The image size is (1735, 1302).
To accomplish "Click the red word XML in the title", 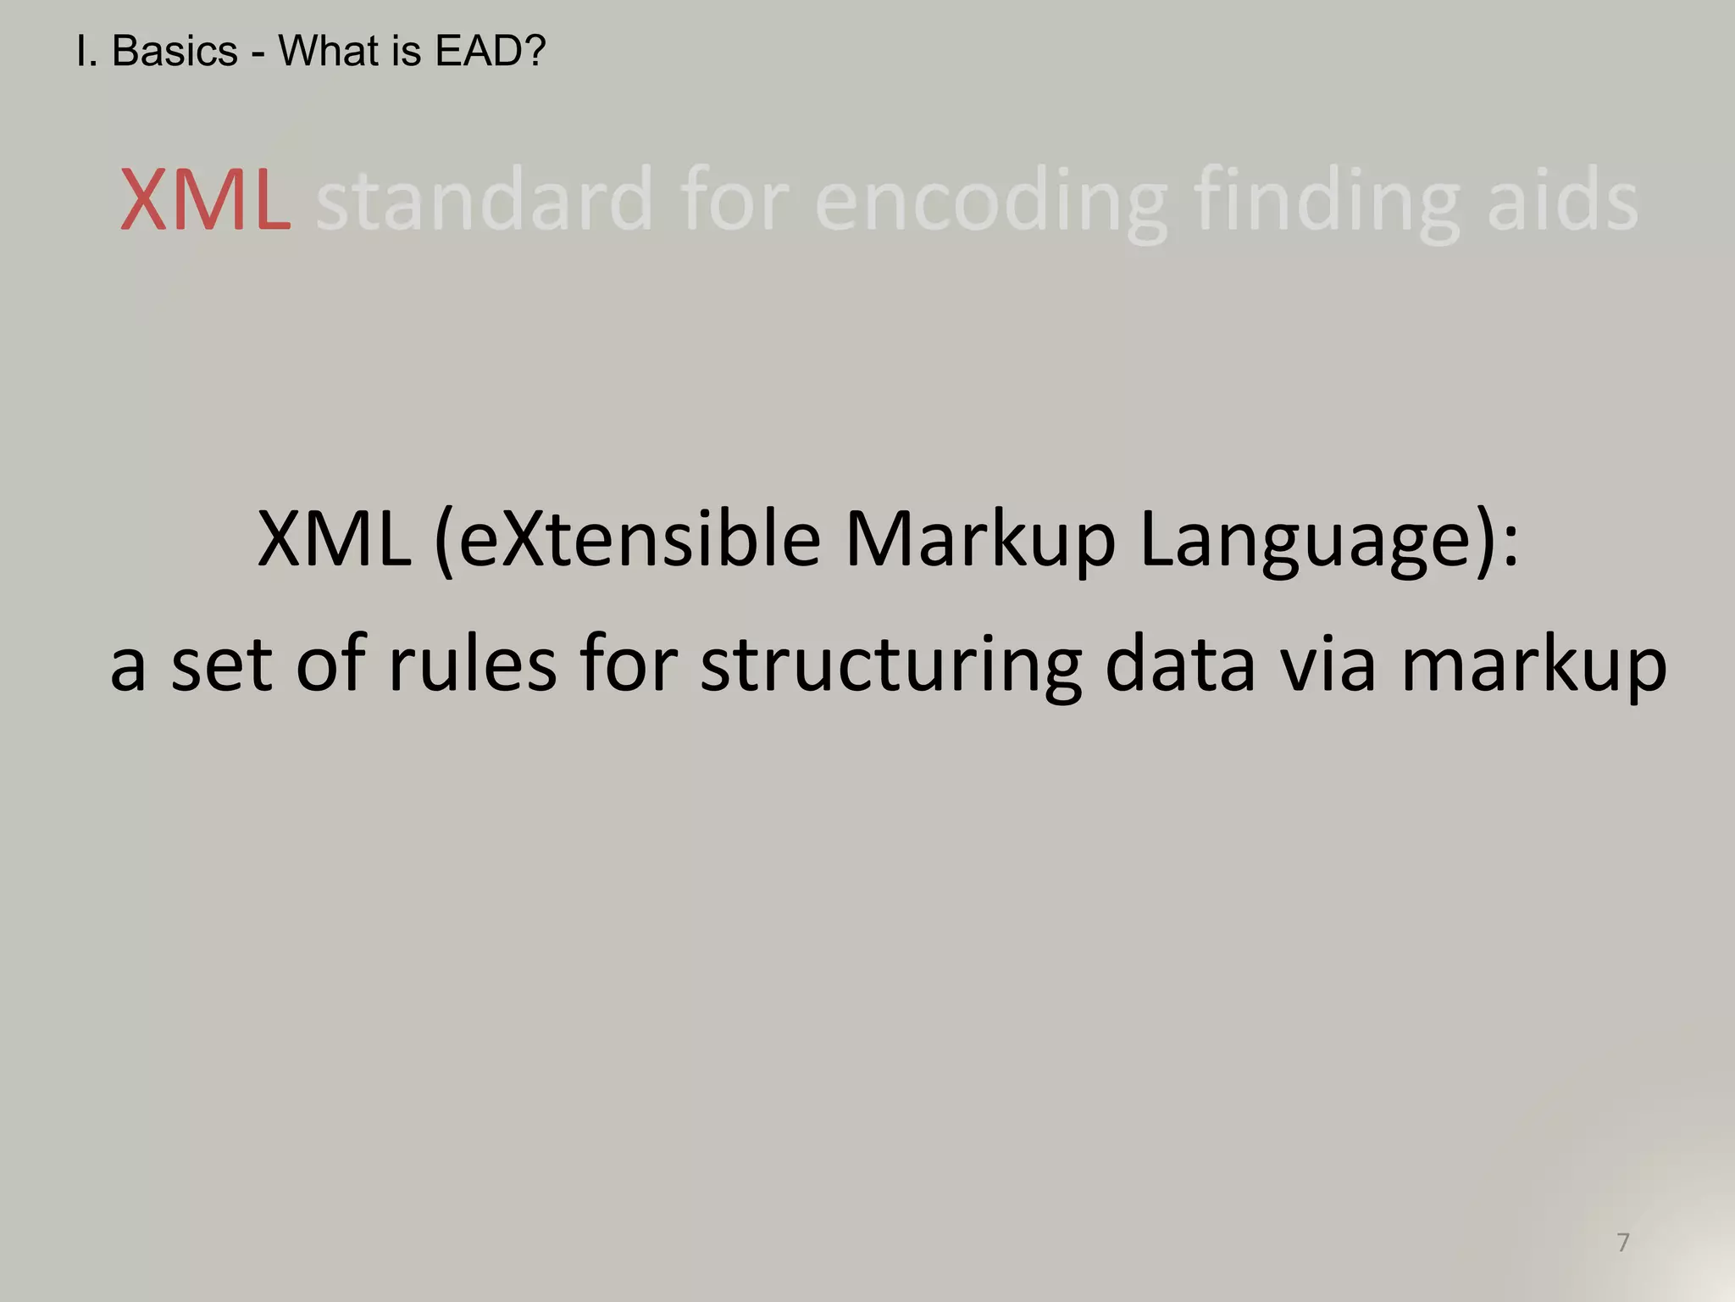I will click(206, 201).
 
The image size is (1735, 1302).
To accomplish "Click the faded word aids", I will click(1562, 201).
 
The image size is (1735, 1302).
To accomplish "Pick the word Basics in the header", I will click(175, 52).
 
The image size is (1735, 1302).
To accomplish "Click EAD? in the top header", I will click(491, 52).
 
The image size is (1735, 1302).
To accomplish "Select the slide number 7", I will click(1623, 1243).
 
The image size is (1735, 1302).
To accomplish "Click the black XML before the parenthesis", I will click(334, 540).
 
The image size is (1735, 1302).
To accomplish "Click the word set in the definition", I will click(221, 665).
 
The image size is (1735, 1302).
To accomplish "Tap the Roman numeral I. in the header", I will click(86, 52).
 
